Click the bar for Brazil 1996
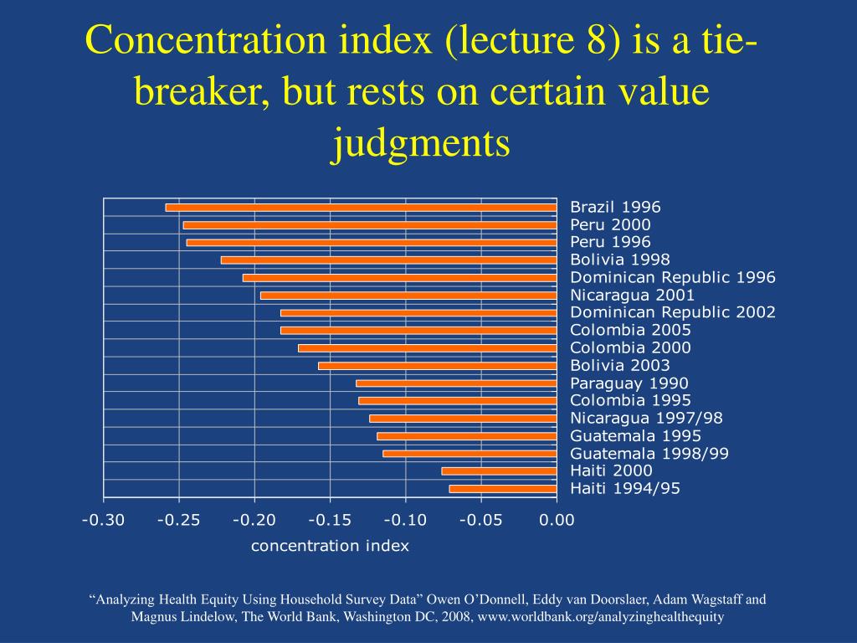tap(361, 208)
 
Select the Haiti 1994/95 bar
tap(502, 489)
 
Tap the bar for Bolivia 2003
tap(437, 366)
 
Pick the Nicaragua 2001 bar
tap(408, 296)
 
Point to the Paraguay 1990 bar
tap(456, 383)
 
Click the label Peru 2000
tap(610, 224)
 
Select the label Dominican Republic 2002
tap(673, 312)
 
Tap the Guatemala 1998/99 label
tap(649, 453)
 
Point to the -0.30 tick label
tap(103, 520)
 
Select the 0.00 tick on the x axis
tap(557, 520)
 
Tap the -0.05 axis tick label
tap(480, 520)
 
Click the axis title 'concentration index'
tap(330, 546)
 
